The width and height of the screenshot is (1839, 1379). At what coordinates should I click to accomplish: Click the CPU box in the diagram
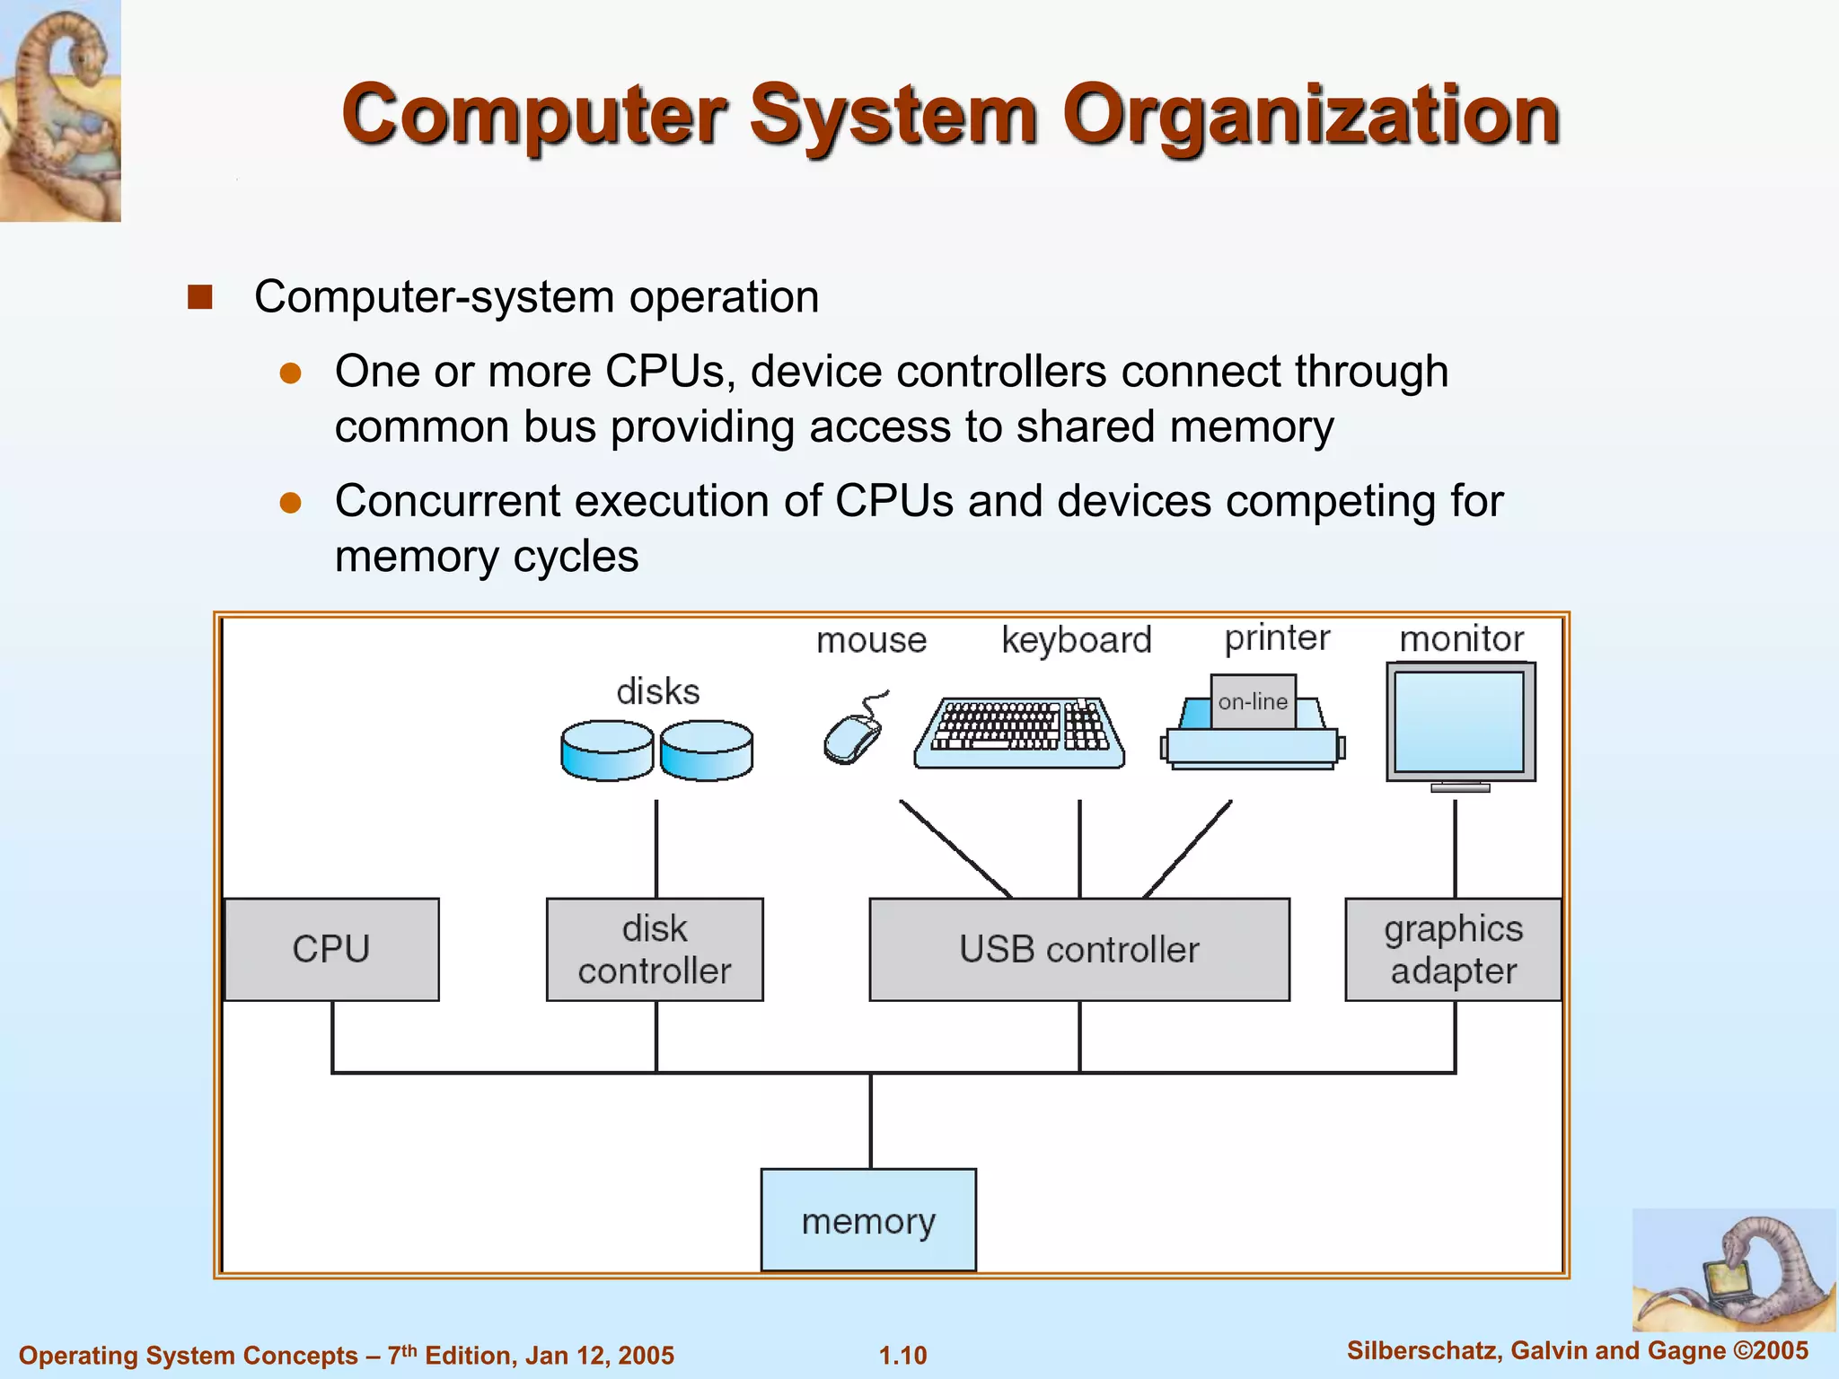(x=331, y=949)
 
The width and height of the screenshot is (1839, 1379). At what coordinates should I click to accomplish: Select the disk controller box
(x=655, y=949)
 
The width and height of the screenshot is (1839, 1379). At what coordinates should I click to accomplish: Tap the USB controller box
(x=1079, y=949)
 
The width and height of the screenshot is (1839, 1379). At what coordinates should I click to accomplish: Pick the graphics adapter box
(x=1453, y=949)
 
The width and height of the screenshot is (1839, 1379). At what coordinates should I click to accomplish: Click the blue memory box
(x=868, y=1220)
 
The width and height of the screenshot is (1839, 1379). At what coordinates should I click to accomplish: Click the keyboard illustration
(x=1019, y=732)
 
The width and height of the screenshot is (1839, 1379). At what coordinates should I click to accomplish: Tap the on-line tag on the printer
(x=1253, y=701)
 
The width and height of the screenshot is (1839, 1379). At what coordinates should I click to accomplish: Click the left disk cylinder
(x=607, y=751)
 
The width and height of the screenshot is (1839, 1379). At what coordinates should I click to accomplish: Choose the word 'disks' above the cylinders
(x=657, y=692)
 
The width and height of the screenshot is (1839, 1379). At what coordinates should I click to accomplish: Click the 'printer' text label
(x=1277, y=637)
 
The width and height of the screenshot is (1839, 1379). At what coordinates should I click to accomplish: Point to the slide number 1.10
(x=902, y=1355)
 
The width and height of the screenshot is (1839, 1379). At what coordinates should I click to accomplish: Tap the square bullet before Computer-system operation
(x=199, y=297)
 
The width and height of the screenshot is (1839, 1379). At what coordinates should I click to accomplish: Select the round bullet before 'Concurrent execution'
(x=290, y=502)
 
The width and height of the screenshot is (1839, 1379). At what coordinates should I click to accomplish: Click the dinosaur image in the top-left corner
(x=60, y=110)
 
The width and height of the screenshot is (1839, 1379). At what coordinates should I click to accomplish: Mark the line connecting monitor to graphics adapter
(x=1455, y=848)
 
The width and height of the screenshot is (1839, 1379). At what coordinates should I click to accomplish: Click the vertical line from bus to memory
(x=870, y=1120)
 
